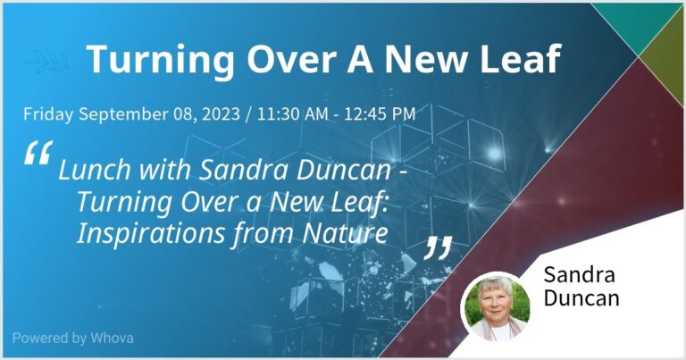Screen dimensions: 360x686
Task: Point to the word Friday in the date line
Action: [x=48, y=114]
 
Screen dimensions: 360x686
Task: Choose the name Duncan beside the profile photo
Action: [x=581, y=298]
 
